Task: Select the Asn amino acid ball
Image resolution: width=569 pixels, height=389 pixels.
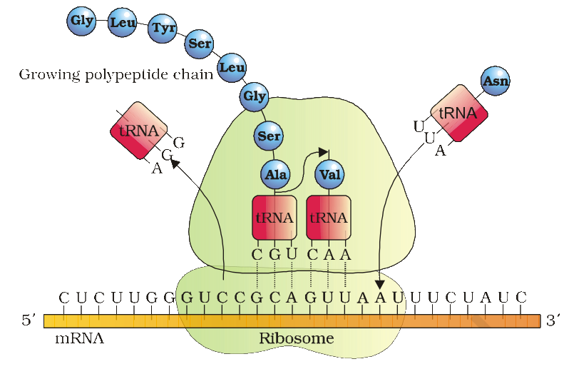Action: click(x=496, y=81)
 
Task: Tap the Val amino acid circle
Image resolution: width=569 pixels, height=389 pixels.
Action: click(x=330, y=175)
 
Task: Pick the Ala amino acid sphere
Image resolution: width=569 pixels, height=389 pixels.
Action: click(x=275, y=175)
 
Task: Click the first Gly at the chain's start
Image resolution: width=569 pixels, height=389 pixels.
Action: click(x=81, y=21)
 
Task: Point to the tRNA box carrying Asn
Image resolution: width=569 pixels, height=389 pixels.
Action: click(x=459, y=113)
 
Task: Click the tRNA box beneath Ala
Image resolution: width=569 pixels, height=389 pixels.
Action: click(x=275, y=218)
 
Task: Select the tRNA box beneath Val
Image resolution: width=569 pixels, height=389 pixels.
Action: click(x=329, y=218)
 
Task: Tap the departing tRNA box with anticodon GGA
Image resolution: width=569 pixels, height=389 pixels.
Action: click(x=139, y=131)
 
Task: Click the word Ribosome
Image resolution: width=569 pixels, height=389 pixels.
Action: click(x=297, y=338)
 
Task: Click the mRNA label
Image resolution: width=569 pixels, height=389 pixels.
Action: click(x=79, y=339)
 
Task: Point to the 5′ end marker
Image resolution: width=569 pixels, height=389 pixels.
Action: click(x=29, y=320)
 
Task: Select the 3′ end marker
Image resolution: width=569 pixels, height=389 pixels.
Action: click(x=553, y=320)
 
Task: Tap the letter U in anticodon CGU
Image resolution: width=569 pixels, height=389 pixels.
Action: click(x=292, y=254)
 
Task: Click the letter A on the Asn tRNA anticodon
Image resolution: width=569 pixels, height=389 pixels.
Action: click(x=440, y=151)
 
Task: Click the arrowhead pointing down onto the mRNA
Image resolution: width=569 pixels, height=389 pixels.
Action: click(x=380, y=285)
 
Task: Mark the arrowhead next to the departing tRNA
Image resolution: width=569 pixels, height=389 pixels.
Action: click(x=175, y=163)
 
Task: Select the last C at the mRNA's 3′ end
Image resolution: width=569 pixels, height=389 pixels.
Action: click(x=521, y=298)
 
